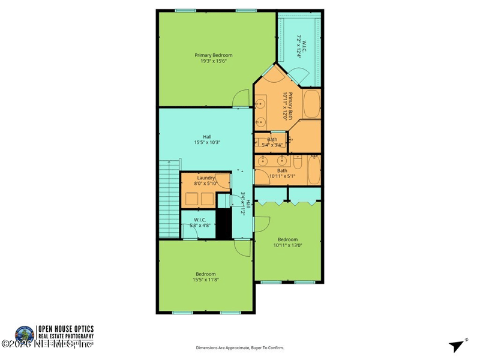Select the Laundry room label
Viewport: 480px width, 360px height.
206,178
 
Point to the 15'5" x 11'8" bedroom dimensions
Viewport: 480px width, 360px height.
205,280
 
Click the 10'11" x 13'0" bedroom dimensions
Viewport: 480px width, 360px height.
287,245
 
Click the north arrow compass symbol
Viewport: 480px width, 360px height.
458,345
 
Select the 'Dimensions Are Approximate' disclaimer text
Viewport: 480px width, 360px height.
240,347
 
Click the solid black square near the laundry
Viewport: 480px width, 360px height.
223,223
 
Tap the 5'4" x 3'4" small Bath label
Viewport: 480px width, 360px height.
272,142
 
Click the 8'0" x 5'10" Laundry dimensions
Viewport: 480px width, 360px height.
206,184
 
